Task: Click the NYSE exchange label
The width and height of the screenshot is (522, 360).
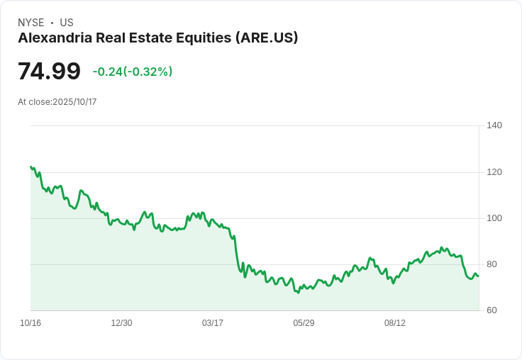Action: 30,23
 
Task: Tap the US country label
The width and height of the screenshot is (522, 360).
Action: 67,23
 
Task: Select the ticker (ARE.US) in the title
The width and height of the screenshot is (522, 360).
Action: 266,38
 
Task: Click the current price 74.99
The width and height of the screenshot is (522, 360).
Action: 49,72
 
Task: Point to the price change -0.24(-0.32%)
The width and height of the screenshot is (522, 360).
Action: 133,72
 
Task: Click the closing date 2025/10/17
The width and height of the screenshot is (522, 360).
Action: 74,102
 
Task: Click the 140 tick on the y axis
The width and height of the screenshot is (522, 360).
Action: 494,125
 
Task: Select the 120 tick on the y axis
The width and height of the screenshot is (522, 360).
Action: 494,172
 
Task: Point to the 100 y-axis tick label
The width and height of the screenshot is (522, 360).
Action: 494,218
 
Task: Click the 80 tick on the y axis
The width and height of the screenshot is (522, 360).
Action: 492,264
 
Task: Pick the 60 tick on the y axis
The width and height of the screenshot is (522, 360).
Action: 492,310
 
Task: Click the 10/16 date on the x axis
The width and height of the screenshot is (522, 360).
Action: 30,323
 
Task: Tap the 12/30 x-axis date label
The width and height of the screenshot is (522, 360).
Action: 121,323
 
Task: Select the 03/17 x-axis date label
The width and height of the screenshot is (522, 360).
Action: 213,323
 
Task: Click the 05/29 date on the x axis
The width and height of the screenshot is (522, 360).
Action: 304,323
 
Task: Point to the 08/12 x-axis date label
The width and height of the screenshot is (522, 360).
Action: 395,323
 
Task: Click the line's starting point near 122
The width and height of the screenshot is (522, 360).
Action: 30,167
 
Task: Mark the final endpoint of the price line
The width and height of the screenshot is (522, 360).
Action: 478,276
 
